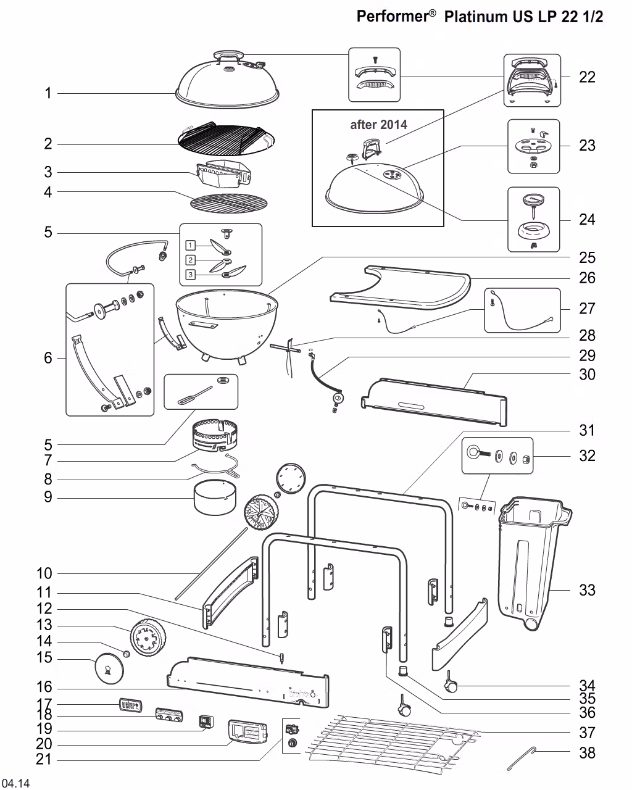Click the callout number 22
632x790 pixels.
click(587, 77)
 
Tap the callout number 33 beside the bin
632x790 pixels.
click(587, 590)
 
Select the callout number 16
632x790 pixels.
click(44, 688)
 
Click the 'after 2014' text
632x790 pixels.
click(378, 125)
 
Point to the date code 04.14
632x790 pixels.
click(15, 783)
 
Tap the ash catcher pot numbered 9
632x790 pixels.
click(215, 498)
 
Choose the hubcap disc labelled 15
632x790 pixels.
click(109, 669)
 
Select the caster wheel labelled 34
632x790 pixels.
click(450, 684)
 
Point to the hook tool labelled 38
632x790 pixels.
click(522, 758)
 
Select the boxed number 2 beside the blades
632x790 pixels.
click(191, 260)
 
